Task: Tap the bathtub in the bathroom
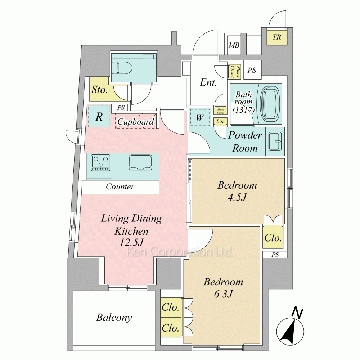pos(270,104)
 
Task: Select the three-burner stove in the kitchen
pos(100,163)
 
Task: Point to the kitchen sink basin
pos(140,162)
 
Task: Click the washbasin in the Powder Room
pos(275,141)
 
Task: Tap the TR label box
pos(276,37)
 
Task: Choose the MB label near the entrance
pos(234,45)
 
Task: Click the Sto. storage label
pos(99,90)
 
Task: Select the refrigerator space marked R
pos(99,116)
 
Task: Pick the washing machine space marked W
pos(200,117)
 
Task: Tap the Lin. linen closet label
pos(220,121)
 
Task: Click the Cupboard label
pos(136,122)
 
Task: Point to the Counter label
pos(120,186)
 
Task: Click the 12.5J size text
pos(131,242)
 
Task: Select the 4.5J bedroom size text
pos(237,197)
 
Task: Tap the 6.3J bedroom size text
pos(223,294)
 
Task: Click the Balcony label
pos(114,318)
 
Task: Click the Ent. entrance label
pos(208,83)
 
